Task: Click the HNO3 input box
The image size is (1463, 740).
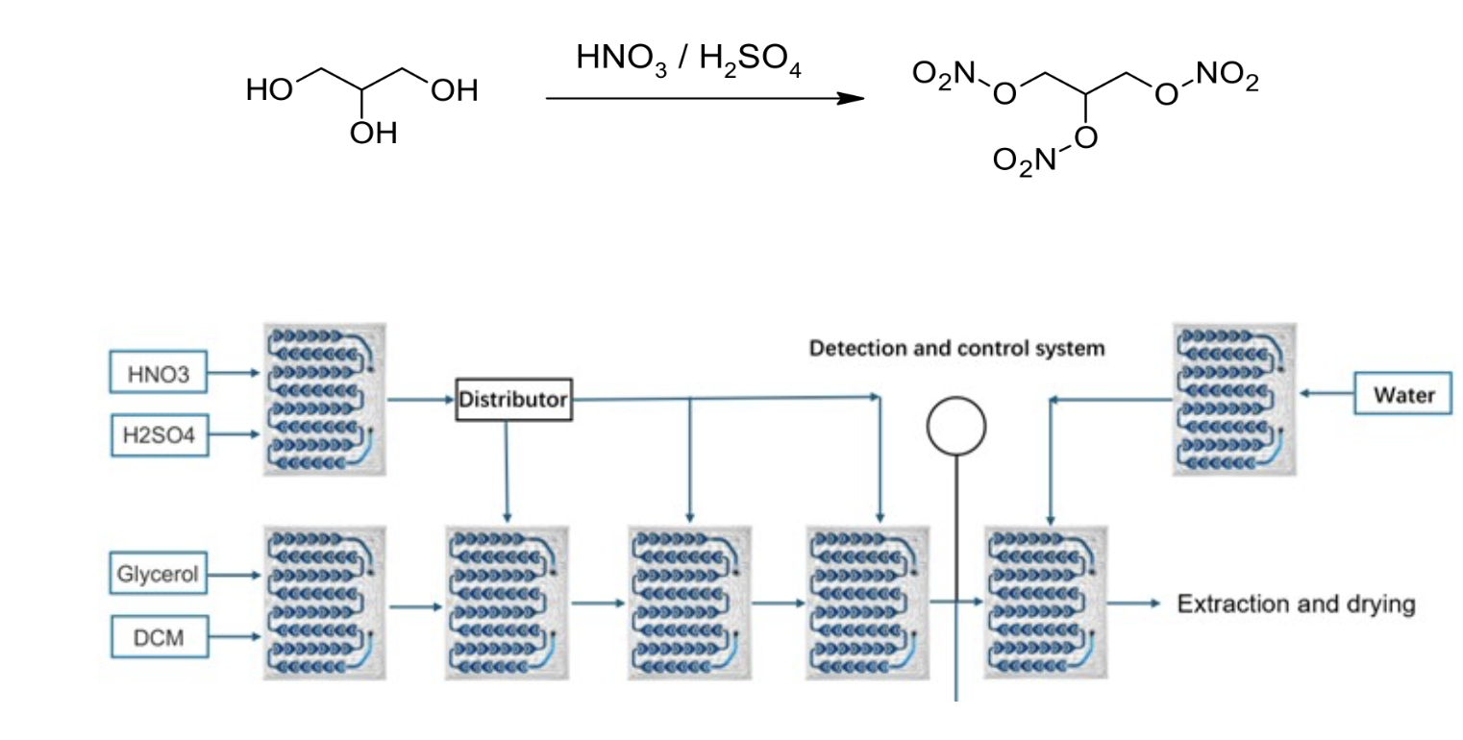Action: point(158,372)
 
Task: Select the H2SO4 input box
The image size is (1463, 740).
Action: point(160,435)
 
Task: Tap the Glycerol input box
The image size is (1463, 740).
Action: point(158,574)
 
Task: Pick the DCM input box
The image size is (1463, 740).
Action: point(160,637)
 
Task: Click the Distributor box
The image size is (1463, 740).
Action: point(513,400)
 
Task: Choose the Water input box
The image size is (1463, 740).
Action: point(1402,394)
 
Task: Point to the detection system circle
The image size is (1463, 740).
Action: point(956,426)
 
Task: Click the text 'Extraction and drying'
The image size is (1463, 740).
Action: point(1296,604)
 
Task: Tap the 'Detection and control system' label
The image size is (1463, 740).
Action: point(956,348)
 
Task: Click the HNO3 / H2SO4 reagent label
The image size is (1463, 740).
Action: point(688,60)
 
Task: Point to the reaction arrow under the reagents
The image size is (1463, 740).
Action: point(705,99)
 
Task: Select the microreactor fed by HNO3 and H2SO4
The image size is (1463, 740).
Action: point(325,399)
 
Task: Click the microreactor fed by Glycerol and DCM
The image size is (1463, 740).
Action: point(325,604)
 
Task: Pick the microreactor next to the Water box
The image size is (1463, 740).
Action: point(1234,399)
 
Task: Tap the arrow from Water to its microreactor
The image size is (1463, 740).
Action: point(1327,393)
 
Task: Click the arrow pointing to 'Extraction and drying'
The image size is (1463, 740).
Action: point(1134,604)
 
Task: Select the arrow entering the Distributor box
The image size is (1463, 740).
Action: point(421,399)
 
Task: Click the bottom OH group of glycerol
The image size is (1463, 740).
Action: point(373,134)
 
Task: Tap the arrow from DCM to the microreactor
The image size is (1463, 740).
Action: point(235,636)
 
